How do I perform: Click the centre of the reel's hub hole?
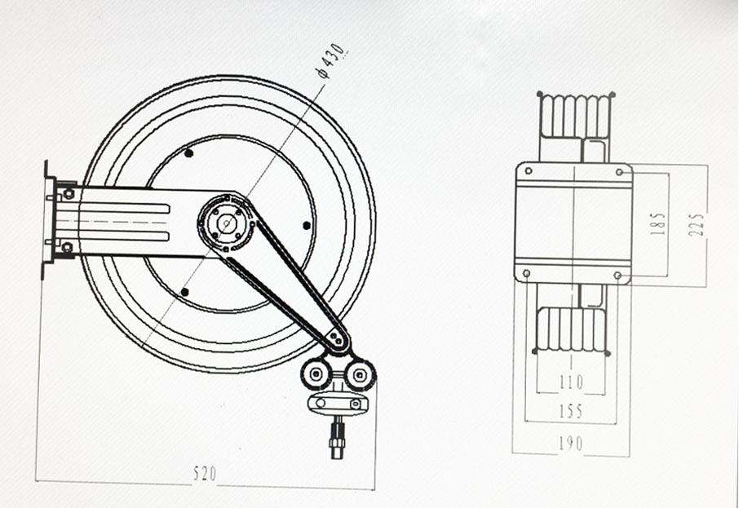tap(228, 223)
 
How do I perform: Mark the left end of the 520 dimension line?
tap(36, 480)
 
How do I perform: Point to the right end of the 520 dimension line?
tap(375, 488)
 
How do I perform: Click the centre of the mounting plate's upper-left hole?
tap(529, 170)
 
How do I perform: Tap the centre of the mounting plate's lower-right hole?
tap(617, 275)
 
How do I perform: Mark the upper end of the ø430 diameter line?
tap(325, 85)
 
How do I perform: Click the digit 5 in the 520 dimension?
tap(197, 473)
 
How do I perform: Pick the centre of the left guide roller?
tap(316, 373)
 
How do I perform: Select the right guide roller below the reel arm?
tap(361, 374)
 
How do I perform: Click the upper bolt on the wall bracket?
tap(69, 193)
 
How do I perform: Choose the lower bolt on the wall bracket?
tap(68, 247)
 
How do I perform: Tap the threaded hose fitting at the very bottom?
tap(338, 437)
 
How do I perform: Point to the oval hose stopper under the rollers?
tap(338, 404)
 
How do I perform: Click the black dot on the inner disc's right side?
tap(307, 225)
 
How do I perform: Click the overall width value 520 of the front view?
tap(205, 473)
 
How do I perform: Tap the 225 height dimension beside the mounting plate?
tap(697, 224)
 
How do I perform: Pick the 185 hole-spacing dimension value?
tap(658, 223)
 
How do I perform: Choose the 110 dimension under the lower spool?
tap(571, 382)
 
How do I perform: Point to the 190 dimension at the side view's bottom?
tap(571, 444)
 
